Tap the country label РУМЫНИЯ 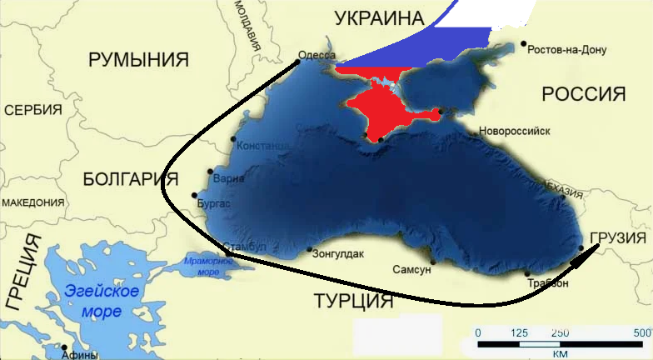139,59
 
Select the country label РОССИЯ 583,93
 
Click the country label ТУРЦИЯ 353,300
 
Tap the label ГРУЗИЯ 619,240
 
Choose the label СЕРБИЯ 33,110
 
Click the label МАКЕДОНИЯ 32,202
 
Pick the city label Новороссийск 516,132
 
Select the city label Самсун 411,270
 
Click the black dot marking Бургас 194,196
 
